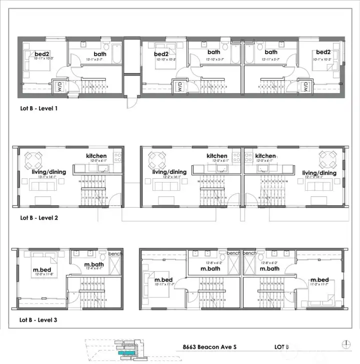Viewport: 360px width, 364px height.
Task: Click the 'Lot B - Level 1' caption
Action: point(39,107)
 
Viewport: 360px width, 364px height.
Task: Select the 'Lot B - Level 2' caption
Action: point(39,218)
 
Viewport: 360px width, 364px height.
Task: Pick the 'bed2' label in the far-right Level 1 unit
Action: point(323,52)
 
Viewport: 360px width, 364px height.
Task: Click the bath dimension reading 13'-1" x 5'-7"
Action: point(100,60)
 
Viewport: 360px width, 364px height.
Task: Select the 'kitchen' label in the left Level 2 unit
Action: point(96,156)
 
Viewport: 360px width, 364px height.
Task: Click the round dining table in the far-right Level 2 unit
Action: point(328,161)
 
